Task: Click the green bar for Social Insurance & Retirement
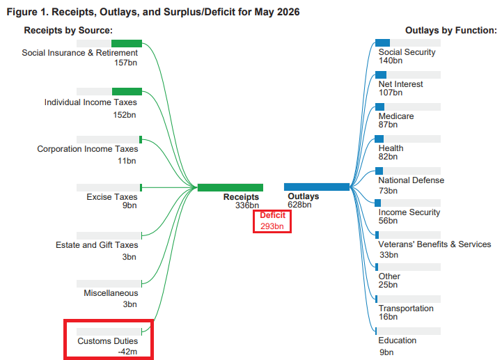click(x=127, y=43)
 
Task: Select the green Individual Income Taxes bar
click(x=127, y=91)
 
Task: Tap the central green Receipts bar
click(x=230, y=187)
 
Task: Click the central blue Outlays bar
click(x=317, y=187)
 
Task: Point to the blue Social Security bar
click(x=382, y=42)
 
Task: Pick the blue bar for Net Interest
click(x=381, y=75)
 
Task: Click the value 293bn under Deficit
click(x=272, y=226)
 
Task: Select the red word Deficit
click(x=272, y=215)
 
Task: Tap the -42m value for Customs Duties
click(x=127, y=352)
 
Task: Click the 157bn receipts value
click(x=125, y=63)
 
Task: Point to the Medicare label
click(x=396, y=116)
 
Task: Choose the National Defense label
click(x=411, y=180)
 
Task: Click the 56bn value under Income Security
click(x=388, y=221)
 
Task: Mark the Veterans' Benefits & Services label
click(x=434, y=244)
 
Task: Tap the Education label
click(x=398, y=340)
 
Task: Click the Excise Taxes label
click(x=111, y=196)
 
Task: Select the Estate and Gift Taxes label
click(x=97, y=244)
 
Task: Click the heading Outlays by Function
click(x=451, y=30)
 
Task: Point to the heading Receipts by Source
click(x=68, y=30)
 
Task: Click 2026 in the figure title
click(x=288, y=12)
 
